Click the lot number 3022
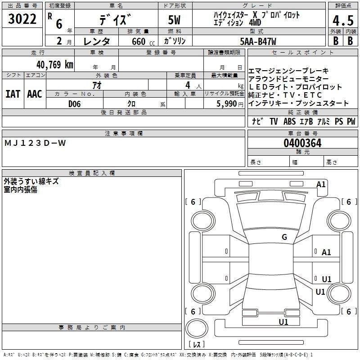pos(22,20)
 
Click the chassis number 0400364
pos(302,143)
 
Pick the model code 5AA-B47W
pos(258,41)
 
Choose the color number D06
pos(75,104)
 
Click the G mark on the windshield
pos(284,237)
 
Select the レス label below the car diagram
pos(197,345)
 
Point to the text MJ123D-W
pos(35,143)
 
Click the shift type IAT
pos(13,94)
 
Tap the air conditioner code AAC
pos(35,94)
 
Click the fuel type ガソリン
pos(175,41)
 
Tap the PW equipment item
pos(351,121)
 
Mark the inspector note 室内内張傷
pos(21,190)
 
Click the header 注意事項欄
pos(124,134)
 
